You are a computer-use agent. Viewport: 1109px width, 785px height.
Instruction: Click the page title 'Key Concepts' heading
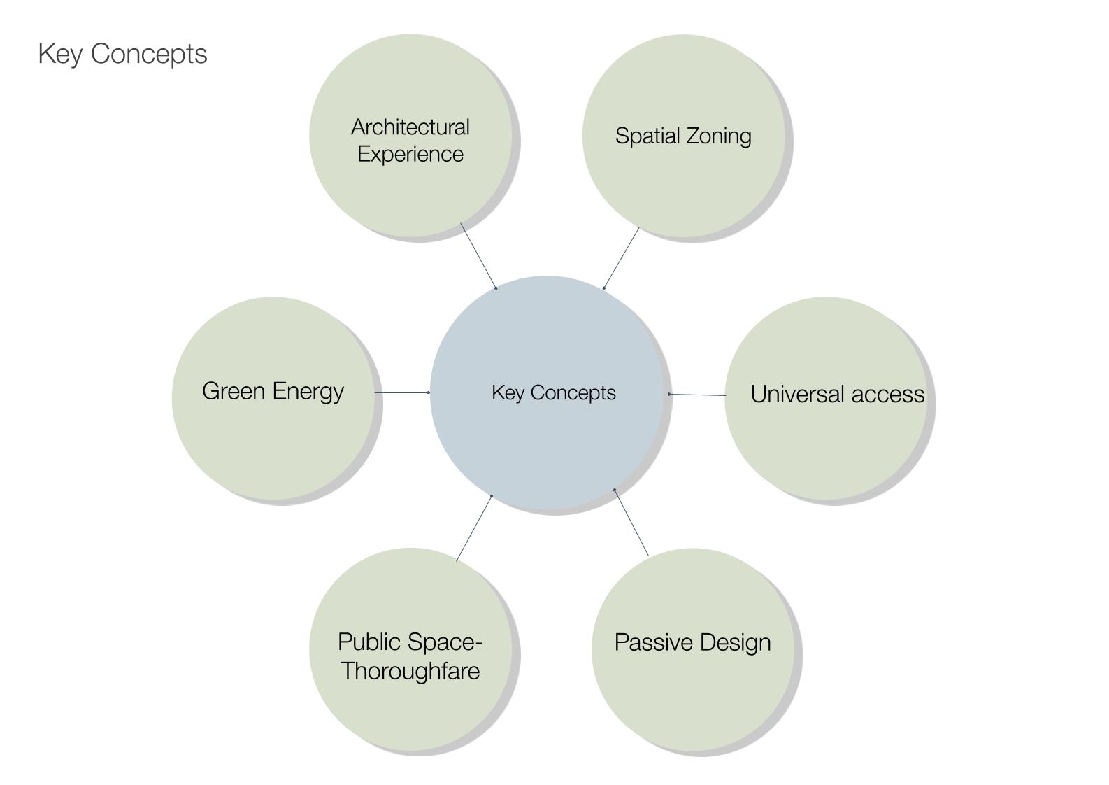point(122,54)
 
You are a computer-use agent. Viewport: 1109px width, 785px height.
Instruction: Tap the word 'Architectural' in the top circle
point(410,127)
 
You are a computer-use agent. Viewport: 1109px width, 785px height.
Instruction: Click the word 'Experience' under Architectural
point(410,154)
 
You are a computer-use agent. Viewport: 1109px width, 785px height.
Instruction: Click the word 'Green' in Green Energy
point(234,391)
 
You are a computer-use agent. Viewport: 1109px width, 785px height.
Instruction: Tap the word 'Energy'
point(308,392)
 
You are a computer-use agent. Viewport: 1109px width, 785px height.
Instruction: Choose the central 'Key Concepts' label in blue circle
point(554,392)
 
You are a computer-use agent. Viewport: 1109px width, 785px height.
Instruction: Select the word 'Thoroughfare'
point(410,671)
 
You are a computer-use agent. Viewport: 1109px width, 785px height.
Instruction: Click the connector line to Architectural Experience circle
point(479,256)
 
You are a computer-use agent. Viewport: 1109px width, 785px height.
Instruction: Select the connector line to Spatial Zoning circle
point(621,257)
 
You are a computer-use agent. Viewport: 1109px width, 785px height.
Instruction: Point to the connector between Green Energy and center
point(402,392)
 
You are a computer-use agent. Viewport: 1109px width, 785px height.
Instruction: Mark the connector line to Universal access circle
point(697,395)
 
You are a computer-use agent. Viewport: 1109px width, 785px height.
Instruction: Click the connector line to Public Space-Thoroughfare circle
point(474,528)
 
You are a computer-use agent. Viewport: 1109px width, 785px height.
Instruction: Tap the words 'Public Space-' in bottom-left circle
point(410,642)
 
